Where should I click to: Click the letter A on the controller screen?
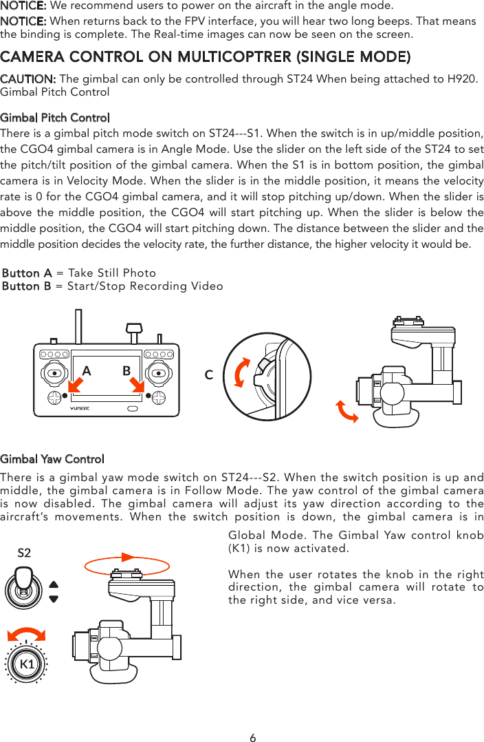pyautogui.click(x=87, y=371)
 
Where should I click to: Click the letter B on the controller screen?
pyautogui.click(x=126, y=370)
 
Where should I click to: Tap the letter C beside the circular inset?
pyautogui.click(x=209, y=375)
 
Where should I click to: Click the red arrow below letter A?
pyautogui.click(x=76, y=385)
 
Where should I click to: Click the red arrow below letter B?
pyautogui.click(x=137, y=385)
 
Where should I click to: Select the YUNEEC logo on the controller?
pyautogui.click(x=80, y=408)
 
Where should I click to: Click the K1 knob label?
pyautogui.click(x=26, y=664)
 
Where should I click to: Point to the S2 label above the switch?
pyautogui.click(x=24, y=553)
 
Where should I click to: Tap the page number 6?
pyautogui.click(x=253, y=737)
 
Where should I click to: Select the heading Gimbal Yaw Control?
pyautogui.click(x=52, y=459)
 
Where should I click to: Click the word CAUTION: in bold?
pyautogui.click(x=28, y=78)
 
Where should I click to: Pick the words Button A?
pyautogui.click(x=27, y=273)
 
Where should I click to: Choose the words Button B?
pyautogui.click(x=26, y=286)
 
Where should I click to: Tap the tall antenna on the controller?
pyautogui.click(x=78, y=326)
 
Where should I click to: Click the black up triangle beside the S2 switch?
pyautogui.click(x=54, y=584)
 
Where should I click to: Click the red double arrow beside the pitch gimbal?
pyautogui.click(x=346, y=411)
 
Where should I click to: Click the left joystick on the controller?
pyautogui.click(x=55, y=373)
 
